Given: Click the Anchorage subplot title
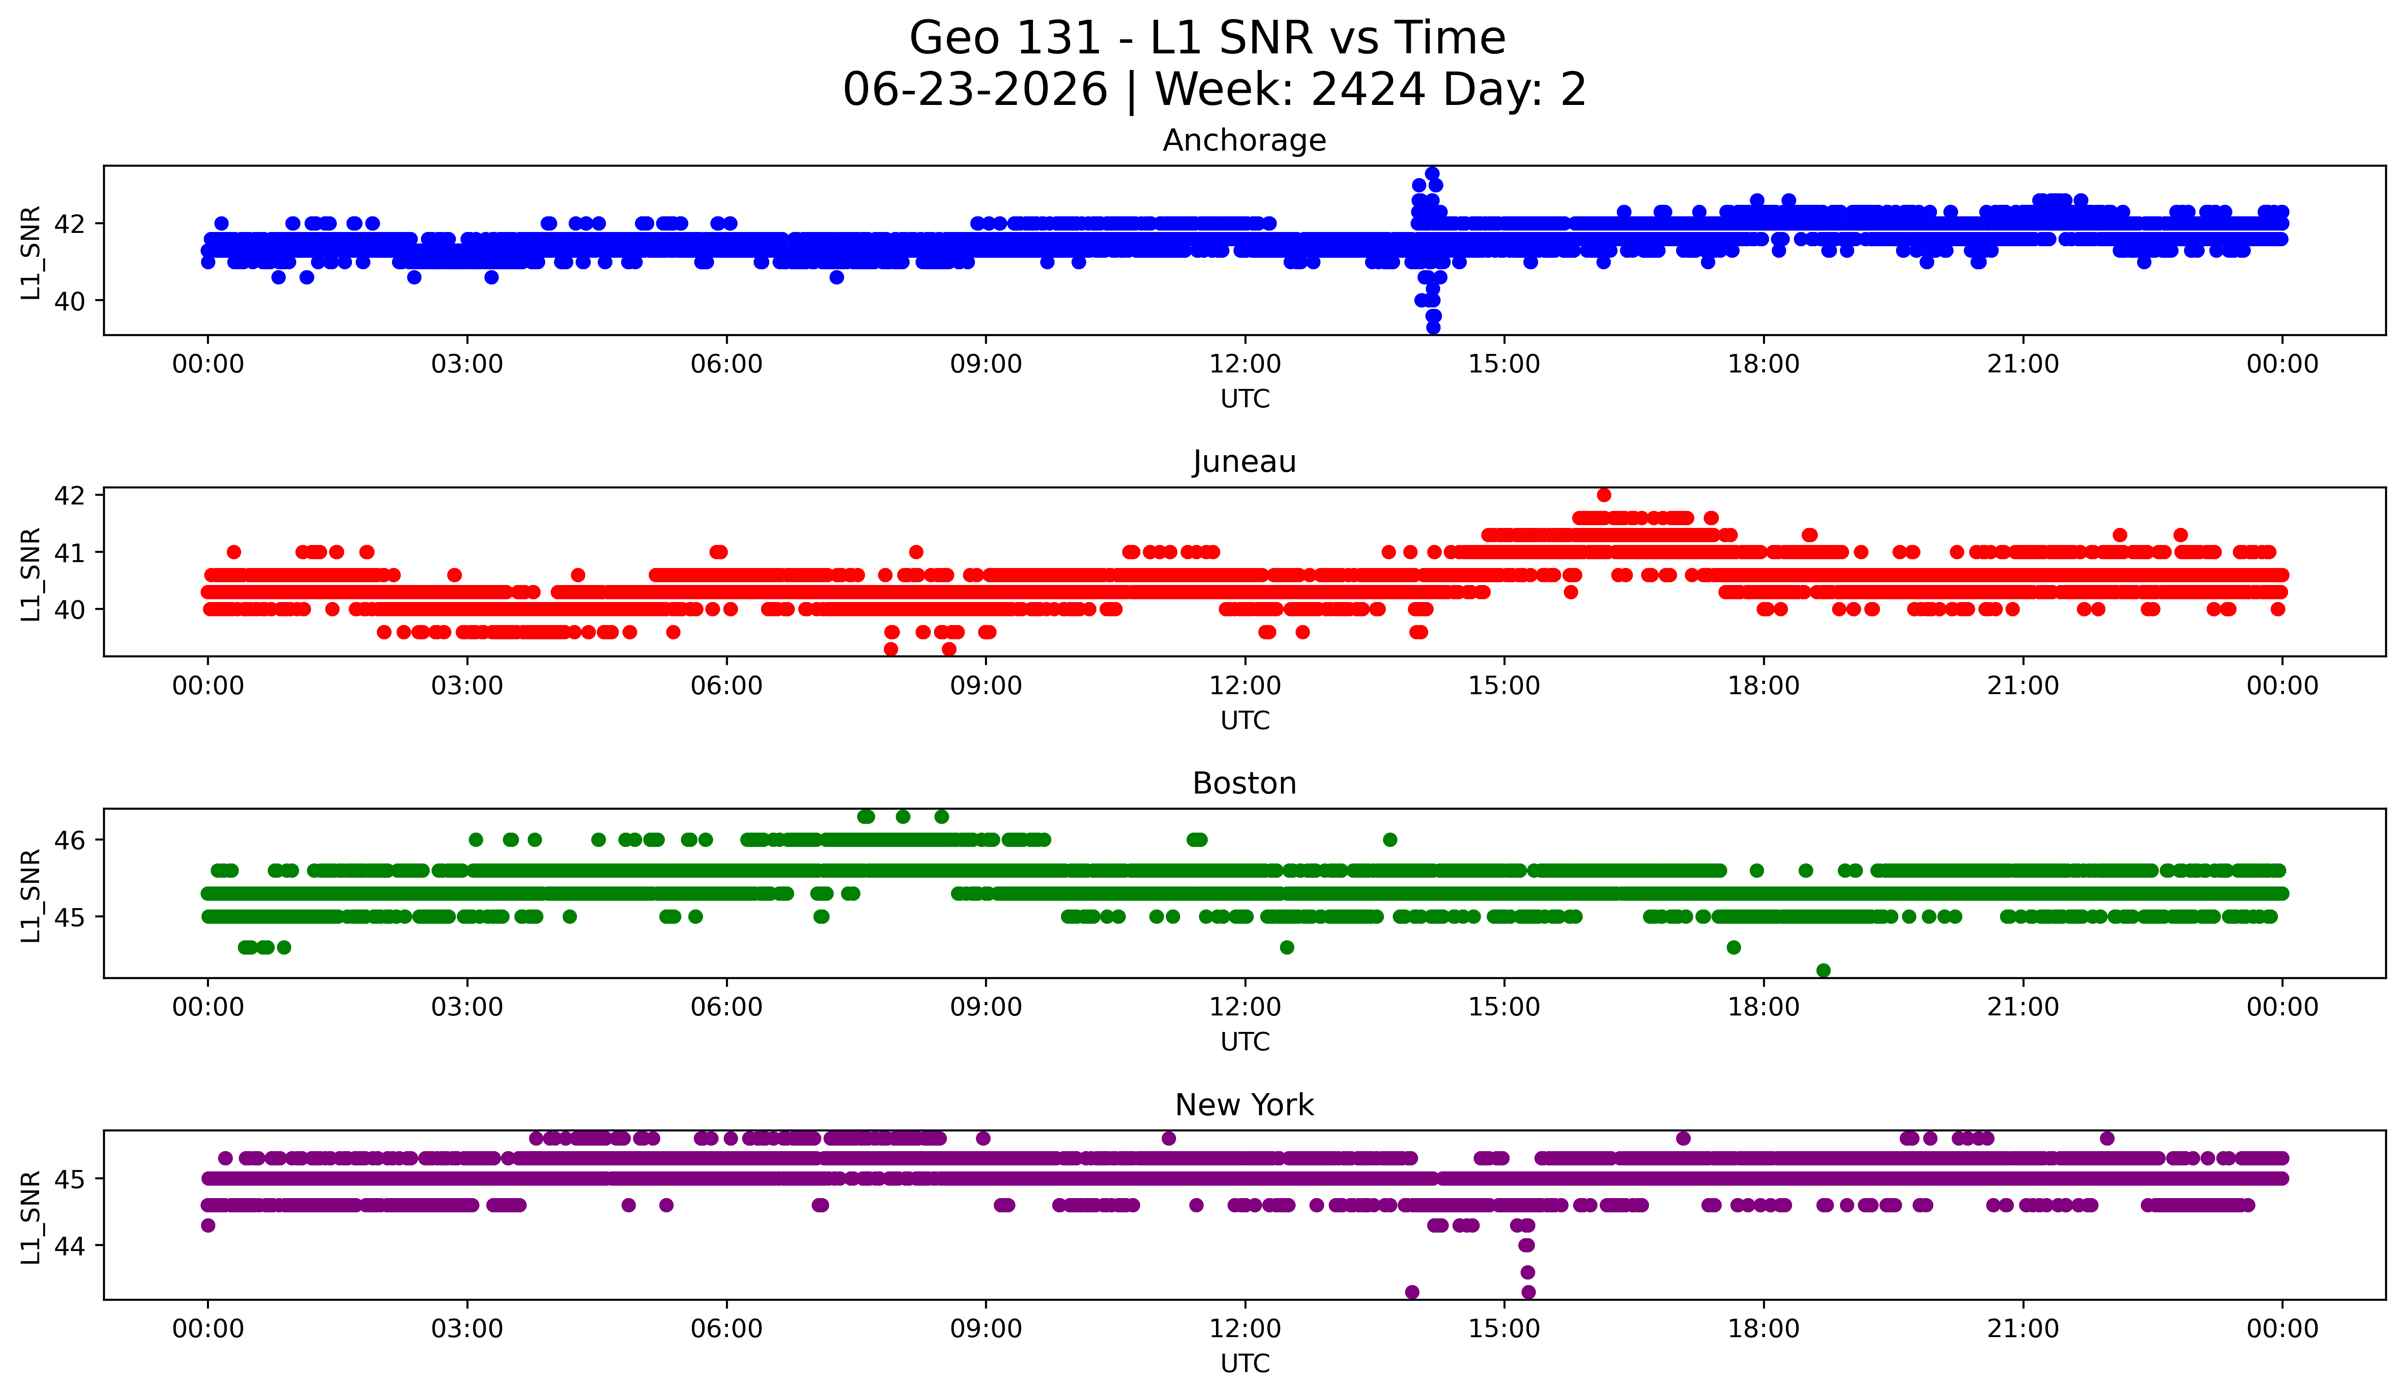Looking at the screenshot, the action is [x=1244, y=140].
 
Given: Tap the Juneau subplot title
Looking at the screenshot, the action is [x=1244, y=462].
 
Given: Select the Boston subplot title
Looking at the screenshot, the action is [x=1244, y=783].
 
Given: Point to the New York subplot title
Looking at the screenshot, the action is [x=1244, y=1105].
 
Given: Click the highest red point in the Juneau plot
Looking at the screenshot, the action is [x=1603, y=494].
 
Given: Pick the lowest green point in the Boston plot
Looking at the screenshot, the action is [x=1823, y=970].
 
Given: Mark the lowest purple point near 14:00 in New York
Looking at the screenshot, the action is [x=1412, y=1292].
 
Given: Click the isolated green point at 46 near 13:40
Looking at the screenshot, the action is [x=1390, y=840].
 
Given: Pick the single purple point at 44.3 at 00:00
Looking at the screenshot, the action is [x=208, y=1225].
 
